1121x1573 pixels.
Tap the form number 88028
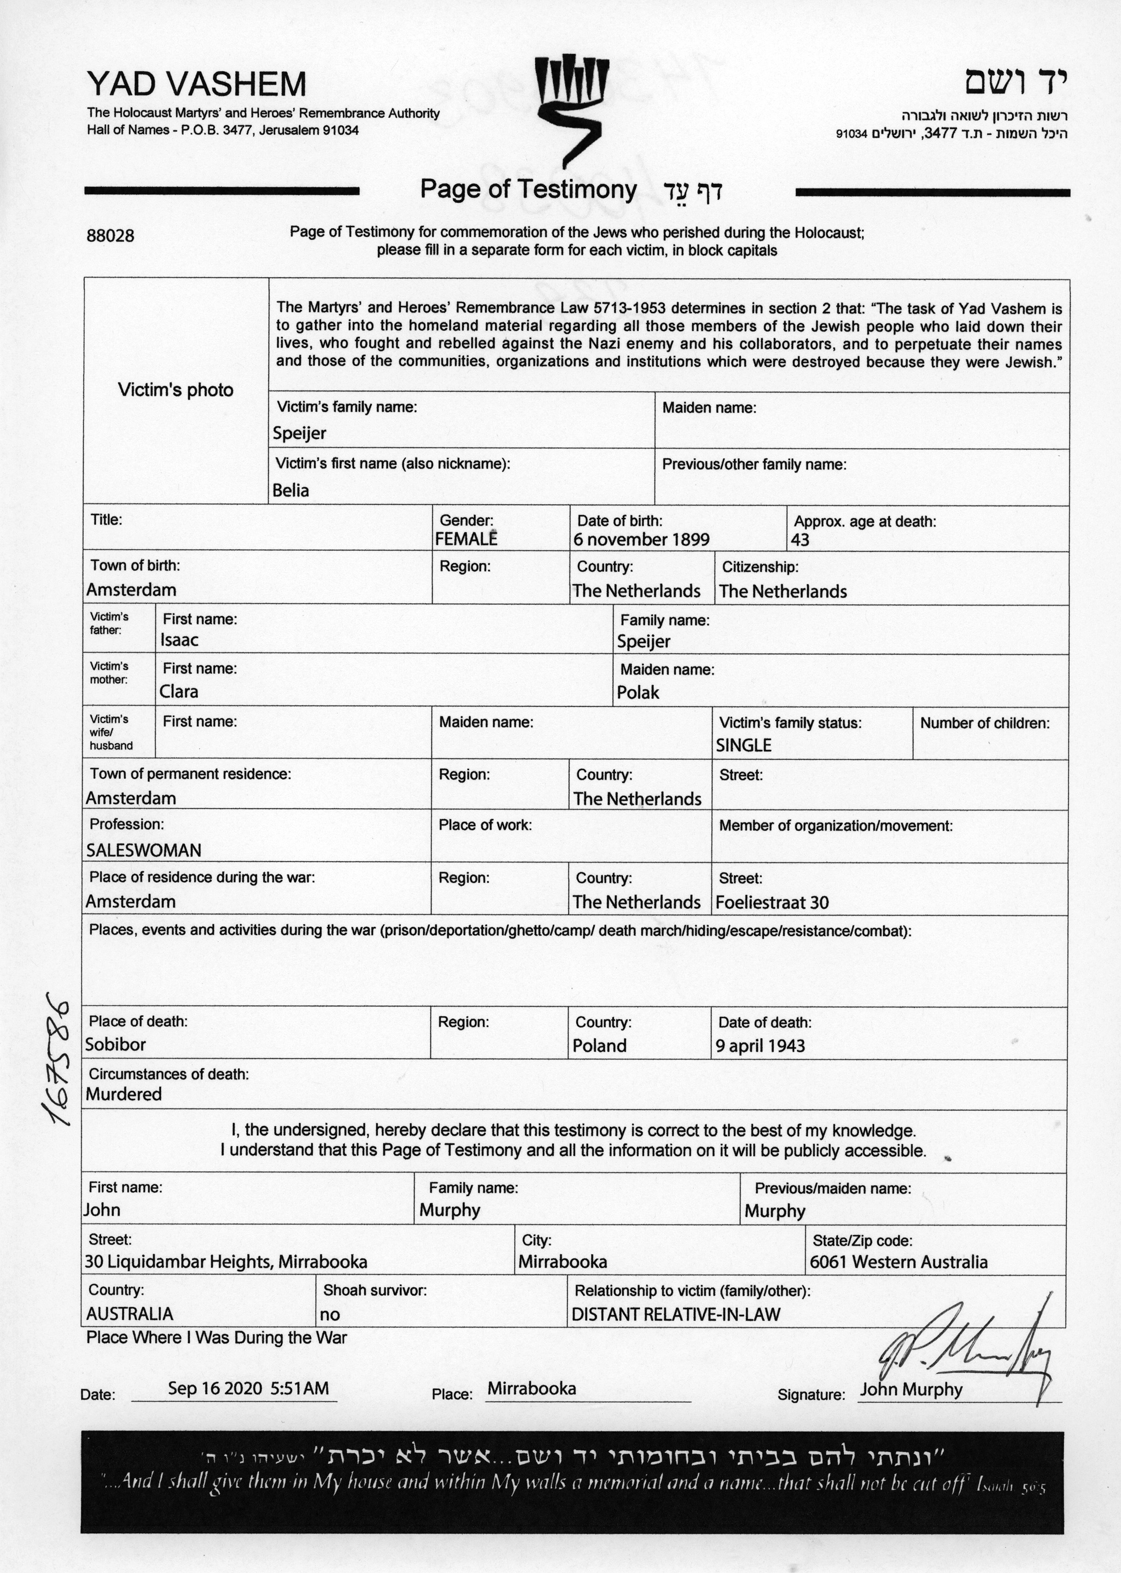[111, 236]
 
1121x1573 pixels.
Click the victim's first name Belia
[291, 491]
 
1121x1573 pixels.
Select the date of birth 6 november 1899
[641, 540]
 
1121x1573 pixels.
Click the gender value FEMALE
[466, 540]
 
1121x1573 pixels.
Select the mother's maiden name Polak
[638, 692]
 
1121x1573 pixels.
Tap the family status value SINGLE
[743, 746]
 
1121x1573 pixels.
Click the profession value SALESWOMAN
[144, 851]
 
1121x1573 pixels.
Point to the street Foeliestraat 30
[772, 903]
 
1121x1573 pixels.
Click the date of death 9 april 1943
[760, 1046]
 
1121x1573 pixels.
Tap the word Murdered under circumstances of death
[123, 1095]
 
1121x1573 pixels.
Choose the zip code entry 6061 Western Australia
[898, 1262]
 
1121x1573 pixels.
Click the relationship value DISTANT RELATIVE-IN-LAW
[676, 1315]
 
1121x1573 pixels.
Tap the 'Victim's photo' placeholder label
[175, 390]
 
